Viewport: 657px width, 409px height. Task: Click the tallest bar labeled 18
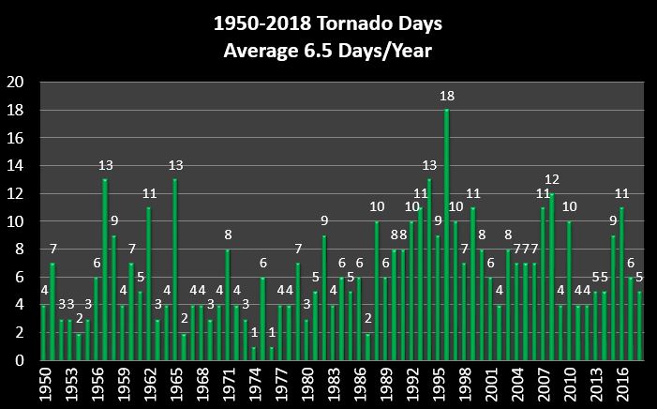point(446,235)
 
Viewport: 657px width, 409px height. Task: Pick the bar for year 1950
point(43,332)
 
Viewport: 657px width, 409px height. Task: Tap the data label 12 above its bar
point(552,179)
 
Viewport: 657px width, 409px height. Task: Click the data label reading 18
point(447,96)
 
